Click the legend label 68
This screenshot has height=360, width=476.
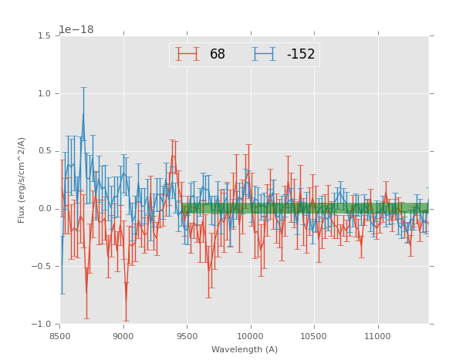(218, 55)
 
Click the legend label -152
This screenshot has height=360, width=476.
(300, 55)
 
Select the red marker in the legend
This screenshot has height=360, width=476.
(187, 54)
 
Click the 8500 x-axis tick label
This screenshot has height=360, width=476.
(60, 336)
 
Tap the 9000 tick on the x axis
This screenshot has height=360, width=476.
(123, 336)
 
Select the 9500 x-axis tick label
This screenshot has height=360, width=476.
(187, 336)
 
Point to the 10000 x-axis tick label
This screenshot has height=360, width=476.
(250, 336)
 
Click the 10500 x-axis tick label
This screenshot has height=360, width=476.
(313, 336)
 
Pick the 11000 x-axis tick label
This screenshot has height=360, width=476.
(376, 336)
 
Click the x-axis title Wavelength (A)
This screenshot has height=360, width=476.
(245, 350)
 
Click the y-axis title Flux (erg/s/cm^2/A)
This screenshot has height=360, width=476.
(22, 180)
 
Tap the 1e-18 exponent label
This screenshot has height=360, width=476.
(76, 30)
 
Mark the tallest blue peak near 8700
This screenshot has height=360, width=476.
(83, 114)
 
